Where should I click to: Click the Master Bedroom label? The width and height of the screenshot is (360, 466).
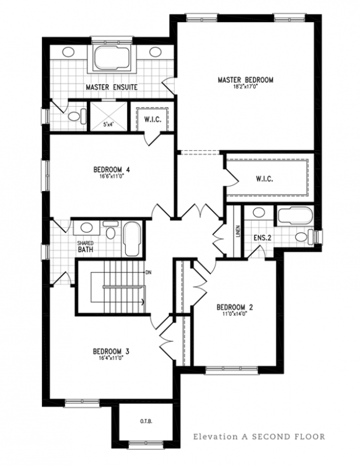tap(245, 79)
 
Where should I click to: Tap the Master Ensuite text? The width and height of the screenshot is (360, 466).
tap(111, 87)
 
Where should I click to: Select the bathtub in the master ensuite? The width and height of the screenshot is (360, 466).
tap(112, 59)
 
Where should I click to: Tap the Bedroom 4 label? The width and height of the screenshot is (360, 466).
tap(111, 170)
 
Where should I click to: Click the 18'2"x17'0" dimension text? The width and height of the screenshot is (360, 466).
tap(245, 87)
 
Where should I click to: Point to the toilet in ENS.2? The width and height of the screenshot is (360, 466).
tap(302, 236)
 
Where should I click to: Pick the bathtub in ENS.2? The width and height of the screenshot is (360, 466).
tap(294, 217)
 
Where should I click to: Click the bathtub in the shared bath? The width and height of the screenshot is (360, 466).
tap(131, 238)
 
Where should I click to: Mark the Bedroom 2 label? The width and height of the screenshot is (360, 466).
tap(234, 307)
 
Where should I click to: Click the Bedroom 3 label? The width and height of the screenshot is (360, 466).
tap(111, 352)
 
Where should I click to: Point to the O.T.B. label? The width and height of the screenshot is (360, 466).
tap(144, 421)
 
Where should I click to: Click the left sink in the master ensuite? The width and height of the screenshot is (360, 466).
tap(68, 52)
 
